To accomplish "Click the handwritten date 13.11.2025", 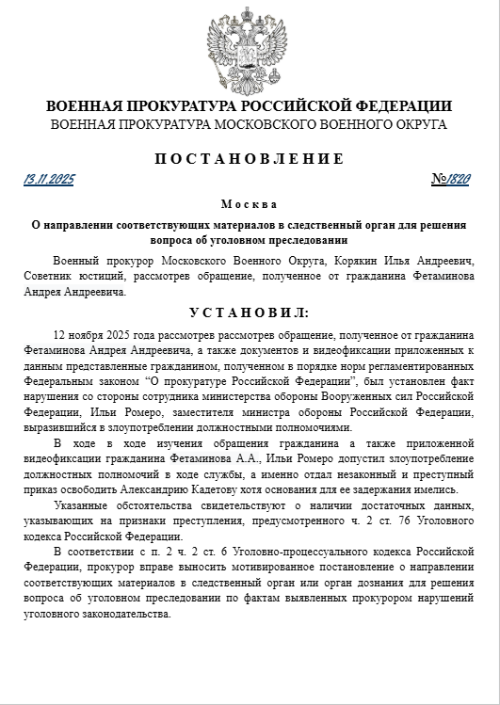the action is tap(49, 179).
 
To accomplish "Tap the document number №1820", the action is tap(453, 179).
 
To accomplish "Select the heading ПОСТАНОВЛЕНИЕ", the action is tap(250, 158).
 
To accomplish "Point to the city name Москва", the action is tap(250, 204).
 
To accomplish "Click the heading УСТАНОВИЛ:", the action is tap(250, 312).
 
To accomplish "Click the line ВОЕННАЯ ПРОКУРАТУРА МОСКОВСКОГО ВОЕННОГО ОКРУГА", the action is tap(250, 124).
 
